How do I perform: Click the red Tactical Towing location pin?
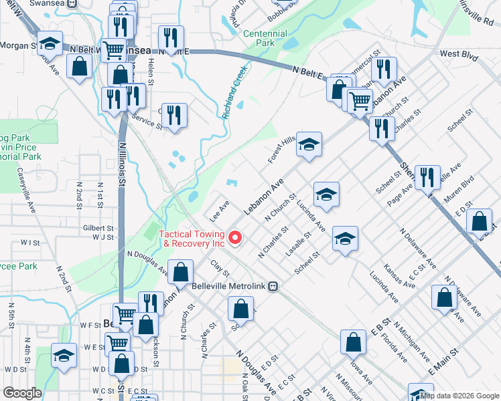[x=235, y=237]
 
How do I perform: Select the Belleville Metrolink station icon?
[x=273, y=286]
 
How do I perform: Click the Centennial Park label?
[x=265, y=38]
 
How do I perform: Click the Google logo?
[x=22, y=393]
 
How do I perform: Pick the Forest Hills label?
[x=282, y=148]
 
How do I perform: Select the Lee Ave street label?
[x=220, y=209]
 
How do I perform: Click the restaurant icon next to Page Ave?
[x=427, y=177]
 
